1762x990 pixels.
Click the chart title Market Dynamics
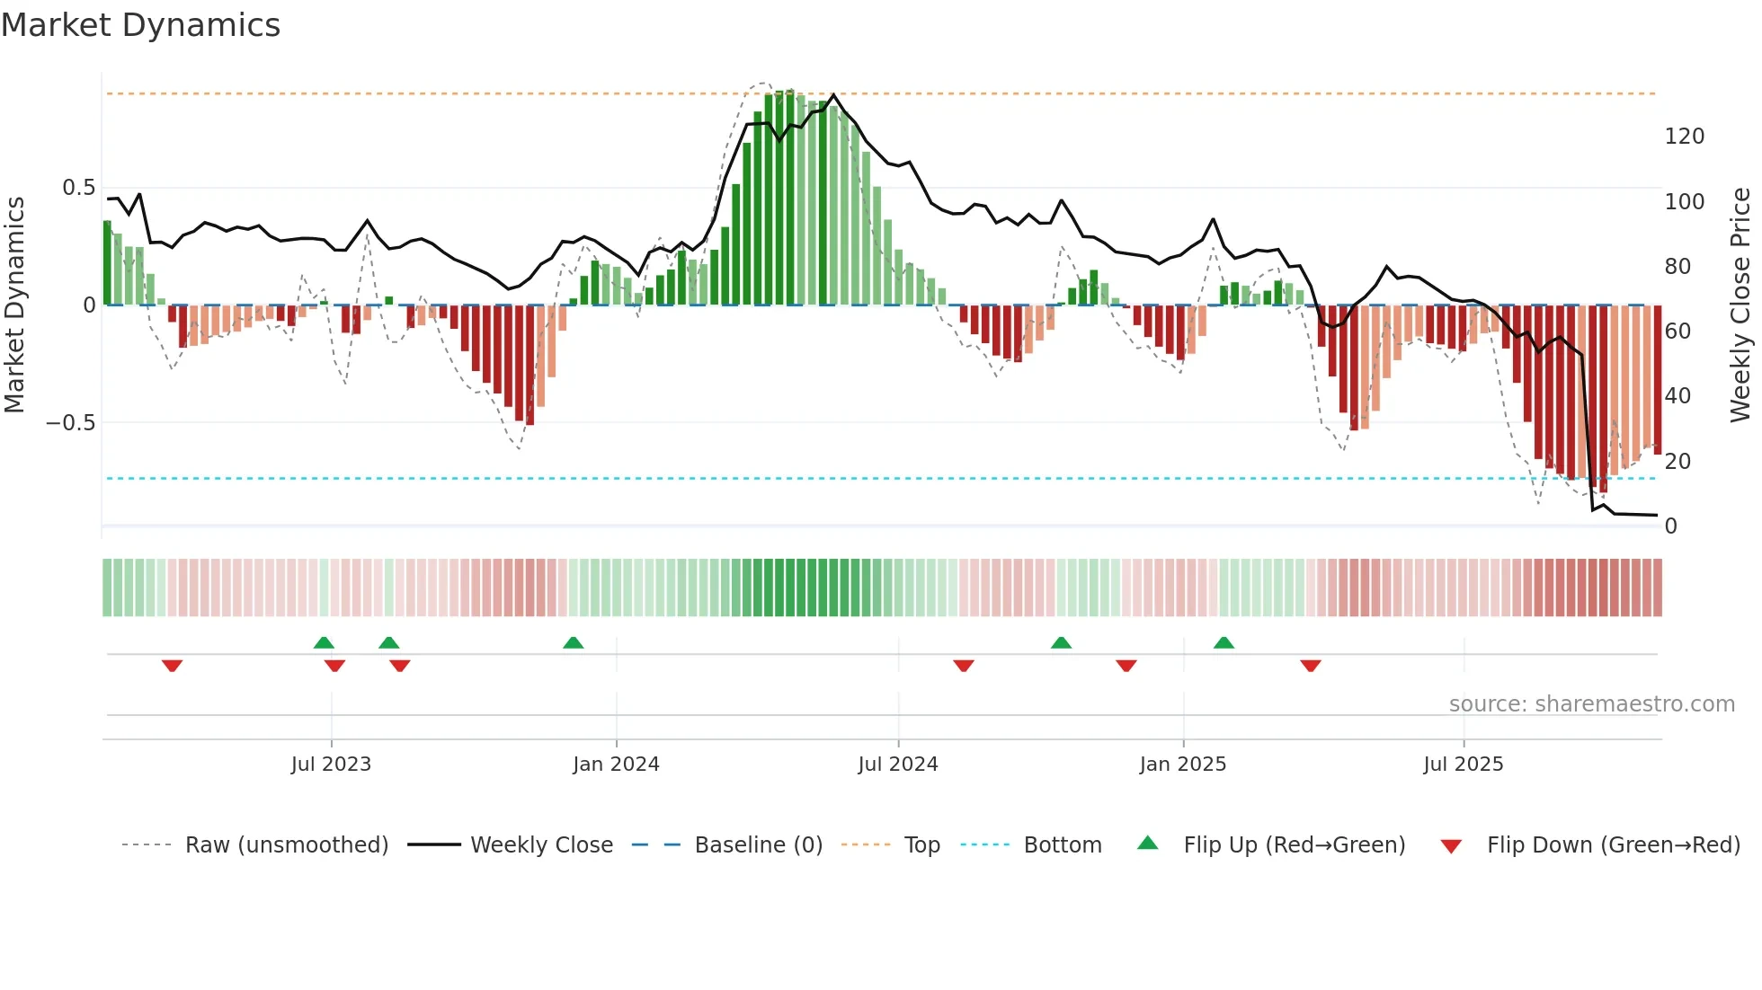[140, 25]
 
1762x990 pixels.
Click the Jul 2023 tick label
[331, 765]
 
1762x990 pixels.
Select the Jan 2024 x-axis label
[616, 765]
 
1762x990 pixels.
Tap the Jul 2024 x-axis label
[897, 765]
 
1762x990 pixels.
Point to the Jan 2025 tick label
[1182, 765]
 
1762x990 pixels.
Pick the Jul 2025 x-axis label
[1463, 765]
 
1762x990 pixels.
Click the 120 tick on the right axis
[1684, 137]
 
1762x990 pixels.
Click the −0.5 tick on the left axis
[71, 423]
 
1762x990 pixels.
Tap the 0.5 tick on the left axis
[78, 188]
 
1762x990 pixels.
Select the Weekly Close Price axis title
[1740, 305]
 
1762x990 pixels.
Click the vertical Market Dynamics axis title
[14, 305]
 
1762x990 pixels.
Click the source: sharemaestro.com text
[1591, 704]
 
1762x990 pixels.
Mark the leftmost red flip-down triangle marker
[173, 665]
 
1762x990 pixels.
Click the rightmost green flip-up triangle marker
[1224, 643]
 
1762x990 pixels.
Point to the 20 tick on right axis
[1677, 462]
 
